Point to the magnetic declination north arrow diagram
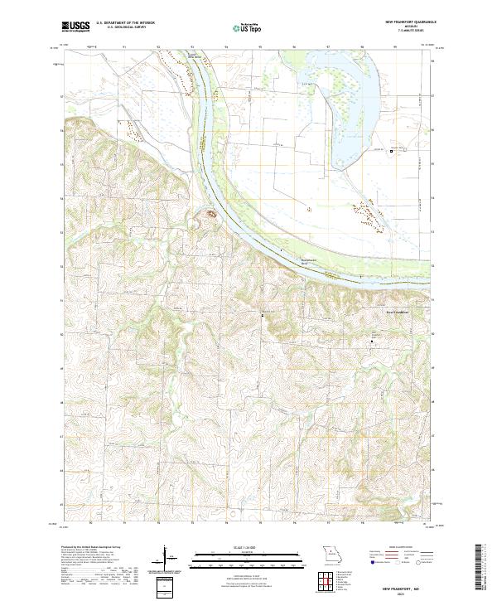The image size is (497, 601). click(x=163, y=560)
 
